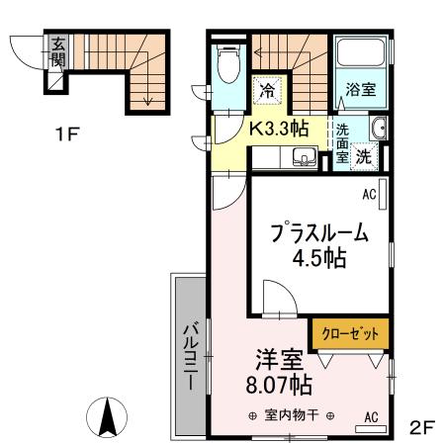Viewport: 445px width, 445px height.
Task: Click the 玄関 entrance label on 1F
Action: coord(58,52)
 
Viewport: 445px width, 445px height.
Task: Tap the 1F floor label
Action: coord(66,134)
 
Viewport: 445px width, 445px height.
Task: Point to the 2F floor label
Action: coord(422,427)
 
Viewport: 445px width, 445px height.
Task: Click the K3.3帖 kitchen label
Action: coord(278,128)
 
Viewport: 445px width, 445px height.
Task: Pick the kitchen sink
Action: coord(303,156)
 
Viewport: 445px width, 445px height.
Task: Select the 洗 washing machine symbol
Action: coord(363,155)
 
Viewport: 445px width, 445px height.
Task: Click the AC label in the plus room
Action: coord(368,194)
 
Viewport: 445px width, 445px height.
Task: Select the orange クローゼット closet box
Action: coord(350,333)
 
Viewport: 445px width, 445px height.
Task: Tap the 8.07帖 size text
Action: coord(272,383)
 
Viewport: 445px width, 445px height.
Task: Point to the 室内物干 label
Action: coord(292,416)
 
